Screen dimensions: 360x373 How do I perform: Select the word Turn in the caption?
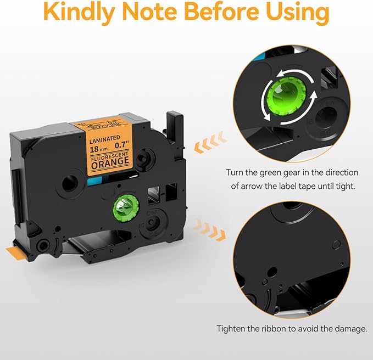point(236,172)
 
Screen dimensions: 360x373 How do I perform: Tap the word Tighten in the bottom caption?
point(232,329)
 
